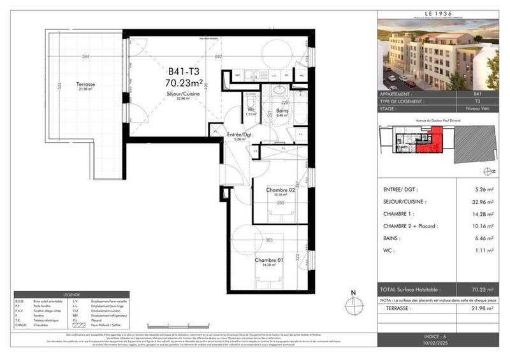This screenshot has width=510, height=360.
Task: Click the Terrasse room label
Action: pos(84,84)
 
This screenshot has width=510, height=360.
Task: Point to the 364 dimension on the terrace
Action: pos(85,57)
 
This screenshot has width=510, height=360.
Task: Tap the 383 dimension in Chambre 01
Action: pos(268,240)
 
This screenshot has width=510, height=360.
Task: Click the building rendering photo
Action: pos(441,55)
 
